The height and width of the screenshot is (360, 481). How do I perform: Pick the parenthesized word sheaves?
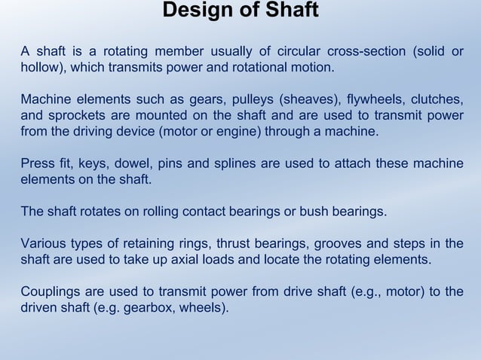pyautogui.click(x=305, y=99)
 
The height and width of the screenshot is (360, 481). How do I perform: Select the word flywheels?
pyautogui.click(x=375, y=99)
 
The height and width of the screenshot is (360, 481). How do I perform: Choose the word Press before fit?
pyautogui.click(x=38, y=163)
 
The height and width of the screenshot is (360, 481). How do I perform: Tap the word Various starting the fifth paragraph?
pyautogui.click(x=43, y=243)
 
